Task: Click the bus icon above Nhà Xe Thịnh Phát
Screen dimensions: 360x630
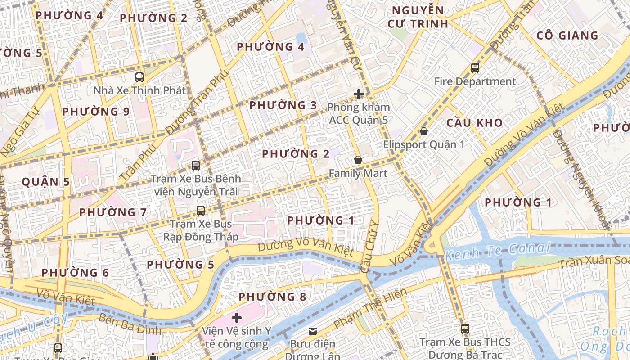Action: pos(139,77)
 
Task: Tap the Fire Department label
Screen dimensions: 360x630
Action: pos(475,81)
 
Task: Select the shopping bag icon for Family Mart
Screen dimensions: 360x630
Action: pos(358,160)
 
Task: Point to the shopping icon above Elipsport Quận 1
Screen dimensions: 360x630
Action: pos(423,131)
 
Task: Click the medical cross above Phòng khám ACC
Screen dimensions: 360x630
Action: pos(359,94)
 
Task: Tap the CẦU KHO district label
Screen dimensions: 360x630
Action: pos(474,122)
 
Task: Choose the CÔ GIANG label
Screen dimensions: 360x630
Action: pos(567,36)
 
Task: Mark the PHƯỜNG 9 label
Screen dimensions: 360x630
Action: pos(96,111)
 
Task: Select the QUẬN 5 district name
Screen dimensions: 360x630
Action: pos(46,182)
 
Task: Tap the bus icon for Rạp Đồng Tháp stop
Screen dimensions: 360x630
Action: pos(201,210)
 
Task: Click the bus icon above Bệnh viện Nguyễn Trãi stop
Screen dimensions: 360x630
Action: pos(196,165)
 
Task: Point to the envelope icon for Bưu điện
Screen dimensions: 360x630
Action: pos(313,331)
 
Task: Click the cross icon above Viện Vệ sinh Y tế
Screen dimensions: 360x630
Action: pos(236,318)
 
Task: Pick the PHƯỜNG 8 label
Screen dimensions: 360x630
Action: pos(272,297)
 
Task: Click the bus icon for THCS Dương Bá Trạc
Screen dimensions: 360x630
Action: pos(465,328)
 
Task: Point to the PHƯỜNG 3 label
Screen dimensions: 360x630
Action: pos(283,105)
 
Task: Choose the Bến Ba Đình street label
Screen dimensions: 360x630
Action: pos(130,325)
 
